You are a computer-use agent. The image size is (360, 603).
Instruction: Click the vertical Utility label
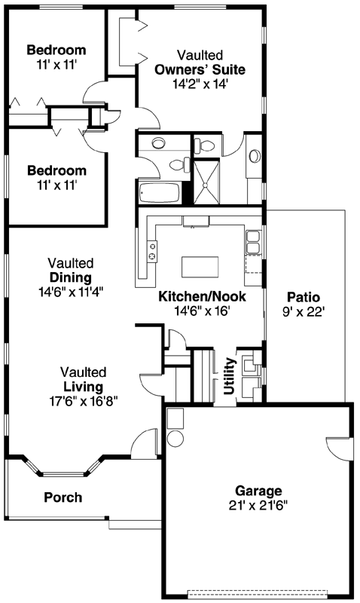point(229,376)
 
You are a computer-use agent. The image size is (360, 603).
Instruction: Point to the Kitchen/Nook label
point(200,296)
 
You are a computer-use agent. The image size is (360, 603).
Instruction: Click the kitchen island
point(200,267)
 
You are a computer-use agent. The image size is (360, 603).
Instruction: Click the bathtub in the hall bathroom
point(159,193)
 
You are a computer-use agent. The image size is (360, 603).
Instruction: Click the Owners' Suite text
point(200,70)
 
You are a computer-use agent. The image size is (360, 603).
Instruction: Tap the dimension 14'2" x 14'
point(200,84)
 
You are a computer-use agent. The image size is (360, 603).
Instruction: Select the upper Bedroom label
point(56,51)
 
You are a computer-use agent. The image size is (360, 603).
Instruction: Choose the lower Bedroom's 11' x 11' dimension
point(56,184)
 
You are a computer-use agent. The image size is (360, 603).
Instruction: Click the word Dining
point(71,277)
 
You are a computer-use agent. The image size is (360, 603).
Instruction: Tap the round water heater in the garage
point(175,438)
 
